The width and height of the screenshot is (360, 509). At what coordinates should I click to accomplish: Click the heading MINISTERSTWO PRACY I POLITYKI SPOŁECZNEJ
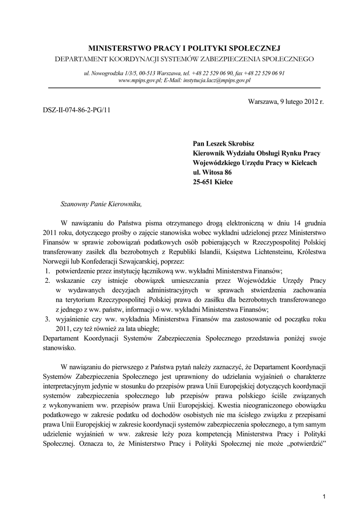tap(184, 48)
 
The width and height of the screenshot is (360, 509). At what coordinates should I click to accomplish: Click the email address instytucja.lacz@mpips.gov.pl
tap(219, 80)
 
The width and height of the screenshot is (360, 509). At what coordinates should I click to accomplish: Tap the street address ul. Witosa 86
tap(212, 172)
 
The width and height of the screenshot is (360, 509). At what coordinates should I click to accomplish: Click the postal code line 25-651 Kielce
tap(213, 182)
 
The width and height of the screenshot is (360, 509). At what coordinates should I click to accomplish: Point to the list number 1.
tap(46, 270)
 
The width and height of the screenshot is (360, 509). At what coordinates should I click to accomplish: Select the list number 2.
tap(46, 280)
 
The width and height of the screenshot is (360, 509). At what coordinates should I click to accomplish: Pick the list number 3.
tap(46, 319)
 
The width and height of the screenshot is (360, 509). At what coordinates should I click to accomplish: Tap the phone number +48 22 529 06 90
tap(207, 73)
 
